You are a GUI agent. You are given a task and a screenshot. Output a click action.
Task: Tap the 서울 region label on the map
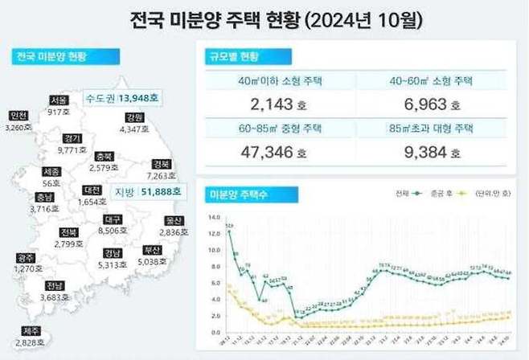pyautogui.click(x=58, y=100)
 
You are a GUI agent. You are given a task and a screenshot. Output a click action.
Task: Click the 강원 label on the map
pyautogui.click(x=134, y=117)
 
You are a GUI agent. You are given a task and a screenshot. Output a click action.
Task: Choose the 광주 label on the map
pyautogui.click(x=25, y=257)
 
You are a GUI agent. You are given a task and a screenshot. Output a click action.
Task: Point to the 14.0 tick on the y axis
pyautogui.click(x=213, y=217)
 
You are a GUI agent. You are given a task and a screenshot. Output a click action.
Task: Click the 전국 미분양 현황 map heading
pyautogui.click(x=51, y=56)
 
